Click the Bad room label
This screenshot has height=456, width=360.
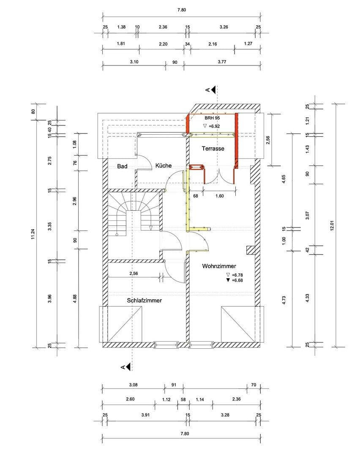coord(122,166)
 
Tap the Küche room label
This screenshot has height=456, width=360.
coord(163,166)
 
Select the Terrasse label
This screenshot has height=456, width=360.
coord(213,149)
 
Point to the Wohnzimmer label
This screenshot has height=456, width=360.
coord(219,266)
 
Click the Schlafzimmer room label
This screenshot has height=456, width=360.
coord(145,301)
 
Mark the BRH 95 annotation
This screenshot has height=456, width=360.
coord(213,118)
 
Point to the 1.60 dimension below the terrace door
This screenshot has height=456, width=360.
coord(219,196)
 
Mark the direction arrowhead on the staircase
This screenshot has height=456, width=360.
coord(151,228)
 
